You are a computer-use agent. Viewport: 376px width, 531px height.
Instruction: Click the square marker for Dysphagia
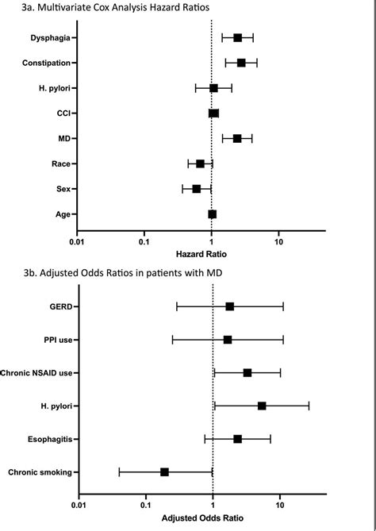(x=237, y=37)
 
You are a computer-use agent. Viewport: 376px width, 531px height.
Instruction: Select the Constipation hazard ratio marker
(x=241, y=63)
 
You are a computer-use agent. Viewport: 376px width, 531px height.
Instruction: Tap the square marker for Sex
(x=197, y=189)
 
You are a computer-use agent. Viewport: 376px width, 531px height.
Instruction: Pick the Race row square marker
(x=201, y=164)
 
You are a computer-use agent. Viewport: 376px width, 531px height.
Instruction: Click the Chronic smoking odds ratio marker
(x=164, y=471)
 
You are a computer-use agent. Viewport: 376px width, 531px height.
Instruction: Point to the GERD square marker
(x=230, y=306)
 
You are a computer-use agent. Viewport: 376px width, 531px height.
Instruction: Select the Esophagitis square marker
(x=237, y=438)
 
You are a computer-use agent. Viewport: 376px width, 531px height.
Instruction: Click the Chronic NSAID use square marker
(x=247, y=372)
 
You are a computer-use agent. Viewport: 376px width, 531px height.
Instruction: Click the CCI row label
(x=62, y=114)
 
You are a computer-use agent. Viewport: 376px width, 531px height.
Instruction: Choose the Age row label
(x=62, y=214)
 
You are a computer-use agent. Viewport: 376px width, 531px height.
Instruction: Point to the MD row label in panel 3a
(x=63, y=139)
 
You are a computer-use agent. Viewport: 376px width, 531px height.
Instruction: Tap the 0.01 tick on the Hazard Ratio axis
(x=76, y=241)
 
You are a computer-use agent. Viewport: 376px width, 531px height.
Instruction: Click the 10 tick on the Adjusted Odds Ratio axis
(x=280, y=504)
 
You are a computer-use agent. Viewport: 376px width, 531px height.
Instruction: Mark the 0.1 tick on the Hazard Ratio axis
(x=144, y=241)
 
